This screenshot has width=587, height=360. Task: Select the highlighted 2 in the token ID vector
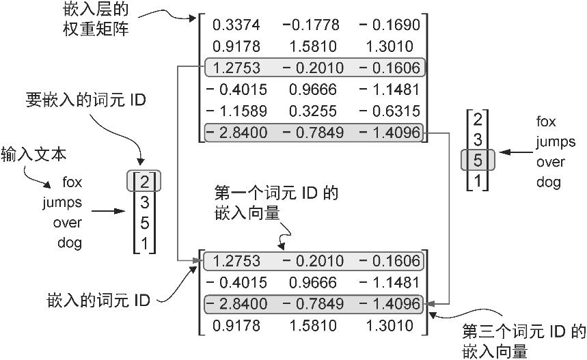click(144, 182)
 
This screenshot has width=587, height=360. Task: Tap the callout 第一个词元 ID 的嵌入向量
click(277, 203)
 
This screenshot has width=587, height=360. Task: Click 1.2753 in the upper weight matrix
click(236, 68)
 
